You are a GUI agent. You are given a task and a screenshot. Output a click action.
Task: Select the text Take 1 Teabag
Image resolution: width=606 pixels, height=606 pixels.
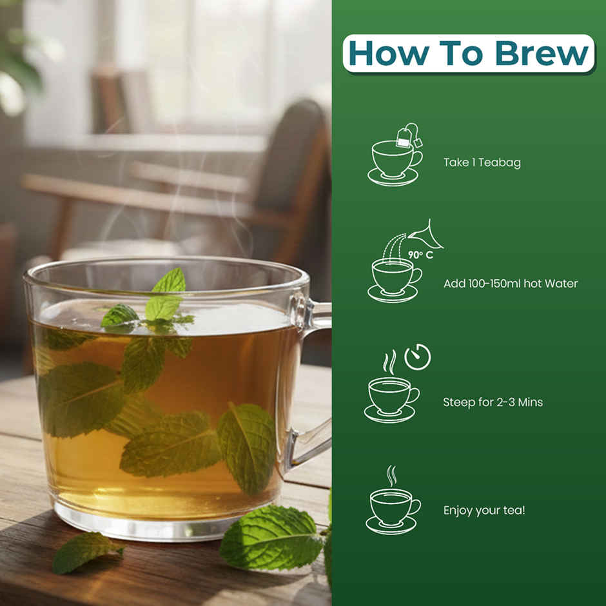pos(482,163)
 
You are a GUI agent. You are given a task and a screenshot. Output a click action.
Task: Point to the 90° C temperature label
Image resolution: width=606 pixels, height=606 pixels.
pos(418,254)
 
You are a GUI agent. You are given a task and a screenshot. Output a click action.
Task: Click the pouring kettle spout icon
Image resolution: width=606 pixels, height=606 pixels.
pos(428,236)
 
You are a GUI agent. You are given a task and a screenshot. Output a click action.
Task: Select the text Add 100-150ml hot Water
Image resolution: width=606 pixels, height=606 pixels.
pos(511,284)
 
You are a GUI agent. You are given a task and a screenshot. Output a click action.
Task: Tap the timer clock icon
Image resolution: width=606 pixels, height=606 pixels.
pos(417,357)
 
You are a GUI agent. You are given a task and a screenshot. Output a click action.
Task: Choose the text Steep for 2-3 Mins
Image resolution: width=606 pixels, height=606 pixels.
pos(493,402)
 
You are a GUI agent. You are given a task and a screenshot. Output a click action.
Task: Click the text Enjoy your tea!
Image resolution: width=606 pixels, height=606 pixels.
pos(484,511)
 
